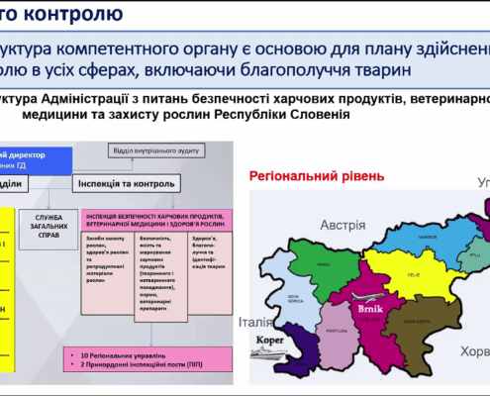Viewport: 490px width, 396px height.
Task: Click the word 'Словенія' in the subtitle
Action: [323, 114]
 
